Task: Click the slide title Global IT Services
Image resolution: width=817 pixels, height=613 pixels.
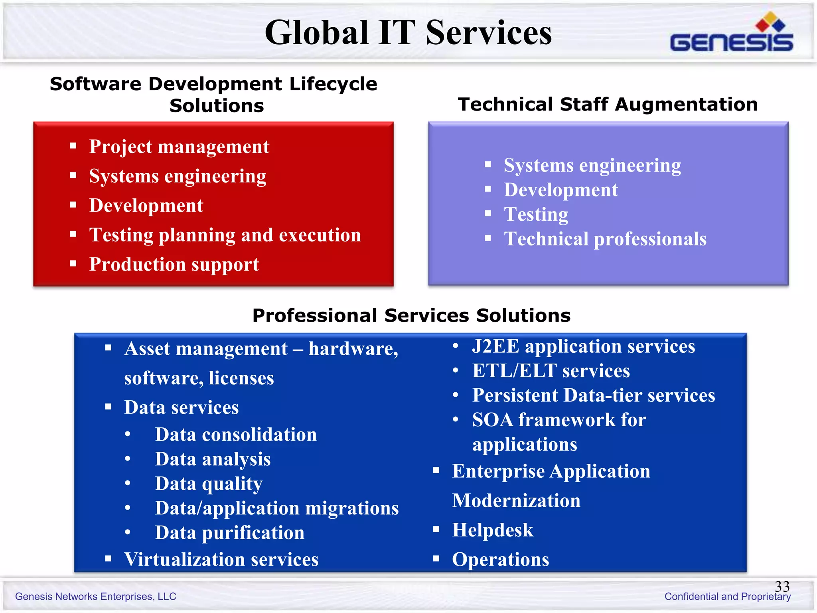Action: pyautogui.click(x=408, y=33)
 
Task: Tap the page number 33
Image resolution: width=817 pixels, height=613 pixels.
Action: pyautogui.click(x=782, y=586)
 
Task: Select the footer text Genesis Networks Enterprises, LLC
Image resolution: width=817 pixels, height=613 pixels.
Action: pyautogui.click(x=96, y=596)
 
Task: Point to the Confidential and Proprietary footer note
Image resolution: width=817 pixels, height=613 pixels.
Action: pyautogui.click(x=727, y=596)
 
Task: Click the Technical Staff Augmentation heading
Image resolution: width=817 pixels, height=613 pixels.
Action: pyautogui.click(x=608, y=105)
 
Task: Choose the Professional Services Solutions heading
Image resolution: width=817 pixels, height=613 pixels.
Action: pyautogui.click(x=411, y=316)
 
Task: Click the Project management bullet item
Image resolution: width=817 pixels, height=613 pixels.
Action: pyautogui.click(x=179, y=146)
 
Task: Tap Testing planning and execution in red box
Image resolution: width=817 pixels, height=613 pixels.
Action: pyautogui.click(x=225, y=235)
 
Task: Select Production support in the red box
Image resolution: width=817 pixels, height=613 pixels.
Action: pyautogui.click(x=174, y=264)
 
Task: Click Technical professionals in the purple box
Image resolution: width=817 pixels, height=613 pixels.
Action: pyautogui.click(x=605, y=239)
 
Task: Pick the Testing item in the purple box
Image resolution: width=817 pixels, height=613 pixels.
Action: pyautogui.click(x=536, y=214)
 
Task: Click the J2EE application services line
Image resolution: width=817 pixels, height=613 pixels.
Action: pyautogui.click(x=583, y=346)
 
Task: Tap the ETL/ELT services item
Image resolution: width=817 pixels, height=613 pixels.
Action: pyautogui.click(x=551, y=371)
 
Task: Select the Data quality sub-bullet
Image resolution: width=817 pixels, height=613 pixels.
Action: pyautogui.click(x=209, y=484)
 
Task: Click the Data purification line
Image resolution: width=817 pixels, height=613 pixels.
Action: pyautogui.click(x=229, y=533)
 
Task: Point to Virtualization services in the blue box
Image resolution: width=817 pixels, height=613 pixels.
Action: pyautogui.click(x=221, y=559)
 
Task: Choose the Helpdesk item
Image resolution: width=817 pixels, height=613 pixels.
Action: pyautogui.click(x=492, y=530)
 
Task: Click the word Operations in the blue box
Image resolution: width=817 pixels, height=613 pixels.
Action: pyautogui.click(x=500, y=559)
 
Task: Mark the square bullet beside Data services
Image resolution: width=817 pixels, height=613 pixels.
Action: pyautogui.click(x=108, y=407)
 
